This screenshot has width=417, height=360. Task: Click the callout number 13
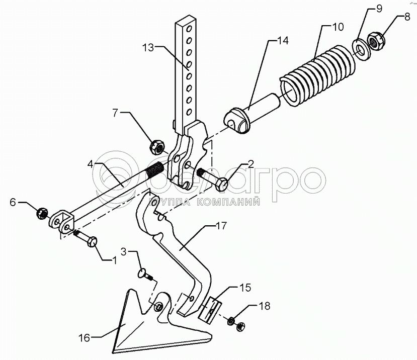click(x=148, y=48)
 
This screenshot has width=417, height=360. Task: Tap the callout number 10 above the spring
click(x=338, y=27)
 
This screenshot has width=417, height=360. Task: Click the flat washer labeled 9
click(x=360, y=49)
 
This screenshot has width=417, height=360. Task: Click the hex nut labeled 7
click(x=157, y=147)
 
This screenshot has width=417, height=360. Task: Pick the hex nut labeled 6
click(x=42, y=213)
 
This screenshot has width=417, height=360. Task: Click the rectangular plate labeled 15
click(x=210, y=310)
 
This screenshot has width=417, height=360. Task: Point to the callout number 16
click(x=84, y=338)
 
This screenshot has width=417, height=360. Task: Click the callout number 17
click(x=221, y=226)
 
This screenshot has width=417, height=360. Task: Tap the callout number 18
click(x=265, y=306)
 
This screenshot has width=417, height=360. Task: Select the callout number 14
click(x=283, y=41)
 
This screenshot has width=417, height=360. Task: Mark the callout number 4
click(x=91, y=164)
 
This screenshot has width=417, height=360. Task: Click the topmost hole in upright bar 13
click(x=189, y=28)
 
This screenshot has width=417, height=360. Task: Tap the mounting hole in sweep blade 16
click(x=158, y=307)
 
